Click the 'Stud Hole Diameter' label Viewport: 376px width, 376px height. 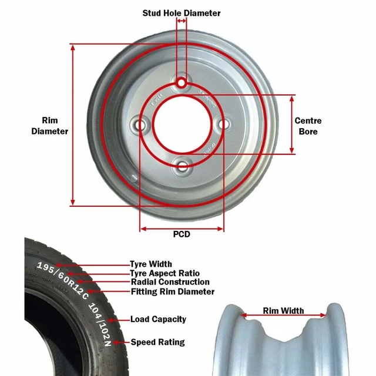(182, 13)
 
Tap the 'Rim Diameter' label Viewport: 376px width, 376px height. (50, 126)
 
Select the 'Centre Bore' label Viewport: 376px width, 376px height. (308, 126)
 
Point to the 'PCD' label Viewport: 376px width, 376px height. (182, 234)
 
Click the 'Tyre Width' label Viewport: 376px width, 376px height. (151, 264)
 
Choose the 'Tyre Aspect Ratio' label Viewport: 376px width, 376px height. (164, 273)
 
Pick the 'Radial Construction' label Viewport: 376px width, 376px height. (170, 282)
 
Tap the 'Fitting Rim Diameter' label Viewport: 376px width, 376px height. (172, 291)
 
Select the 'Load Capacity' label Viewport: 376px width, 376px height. (158, 319)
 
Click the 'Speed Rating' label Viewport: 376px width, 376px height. (157, 342)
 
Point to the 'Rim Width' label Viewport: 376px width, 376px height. (283, 311)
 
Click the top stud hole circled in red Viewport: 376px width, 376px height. (182, 83)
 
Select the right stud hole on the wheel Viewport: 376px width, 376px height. (223, 124)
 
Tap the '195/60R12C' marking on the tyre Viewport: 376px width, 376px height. (59, 271)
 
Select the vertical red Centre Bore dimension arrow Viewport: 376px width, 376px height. (292, 124)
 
